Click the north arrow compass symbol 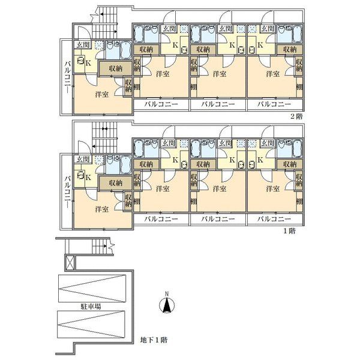click(x=167, y=305)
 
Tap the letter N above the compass click(x=167, y=293)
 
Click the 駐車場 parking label click(x=91, y=306)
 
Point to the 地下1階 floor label click(x=154, y=340)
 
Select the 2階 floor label click(x=296, y=116)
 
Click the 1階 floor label click(x=290, y=231)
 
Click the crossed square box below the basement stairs click(x=70, y=262)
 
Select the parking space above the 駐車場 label click(x=92, y=289)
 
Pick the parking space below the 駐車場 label click(x=91, y=325)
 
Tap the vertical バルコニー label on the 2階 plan click(x=67, y=77)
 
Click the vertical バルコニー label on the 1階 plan click(x=67, y=192)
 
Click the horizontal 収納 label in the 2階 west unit click(x=116, y=68)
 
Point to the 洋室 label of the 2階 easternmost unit click(x=273, y=74)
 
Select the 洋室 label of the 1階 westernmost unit click(x=102, y=209)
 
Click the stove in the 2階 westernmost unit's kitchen click(x=80, y=61)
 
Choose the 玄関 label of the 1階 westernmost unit click(x=83, y=160)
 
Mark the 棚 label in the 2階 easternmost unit click(x=299, y=87)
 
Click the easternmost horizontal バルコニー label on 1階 click(x=274, y=219)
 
